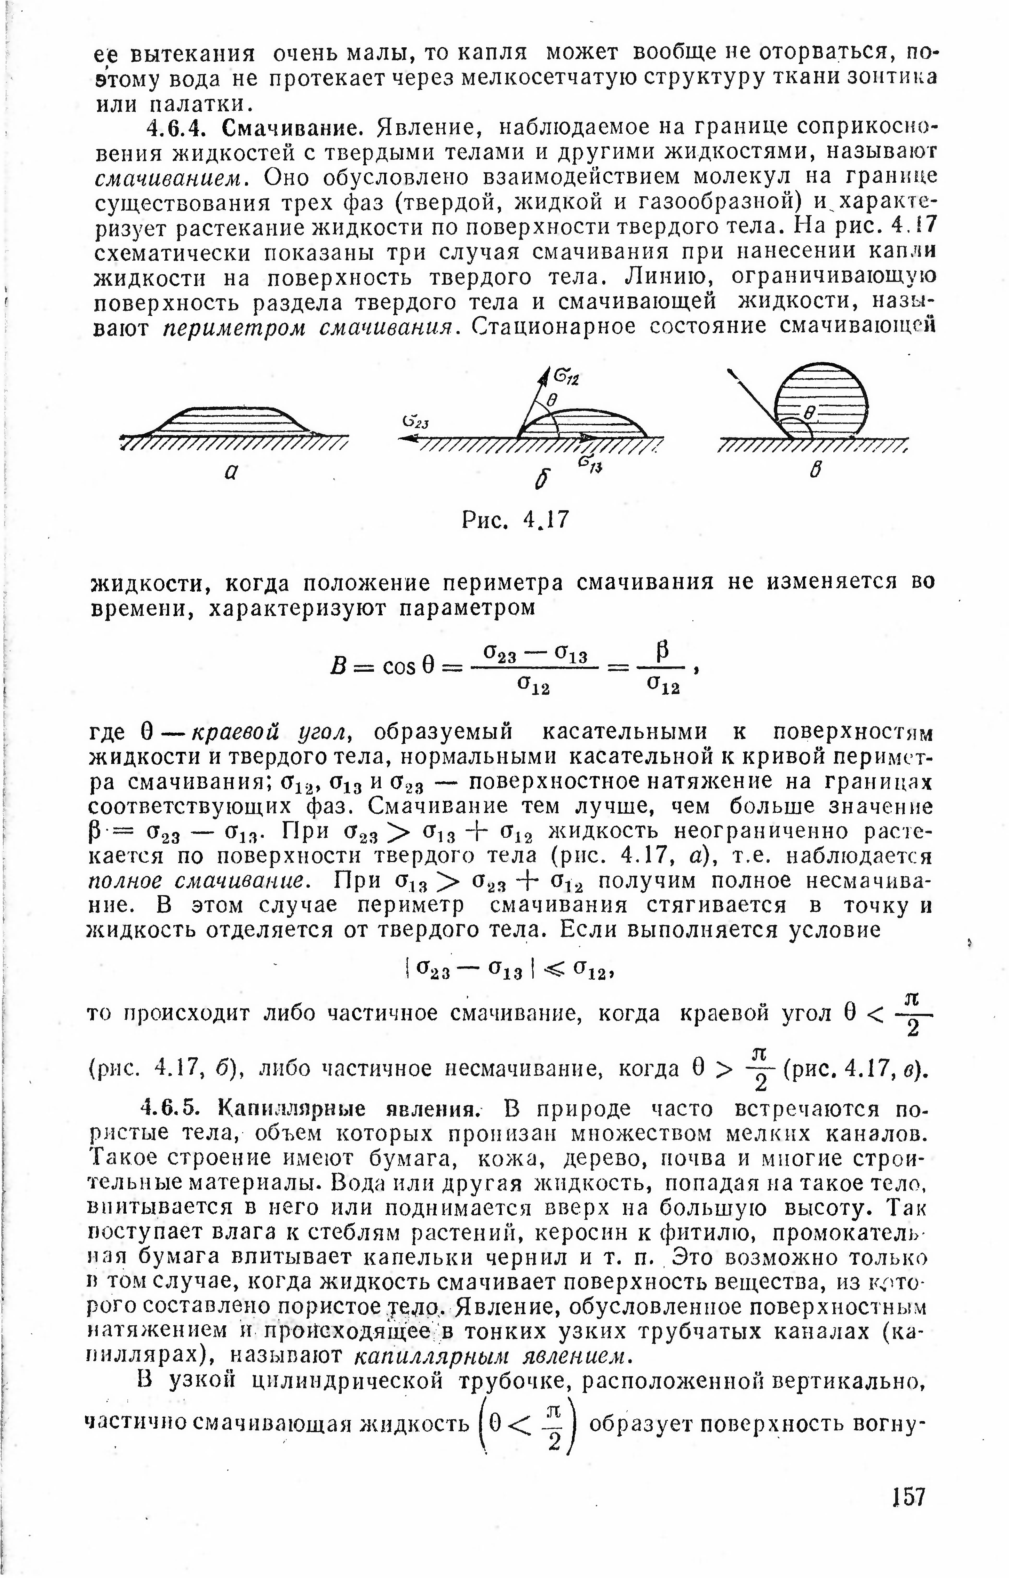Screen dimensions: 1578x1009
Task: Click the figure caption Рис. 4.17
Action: click(516, 521)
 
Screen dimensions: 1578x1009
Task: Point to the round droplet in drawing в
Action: click(821, 400)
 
